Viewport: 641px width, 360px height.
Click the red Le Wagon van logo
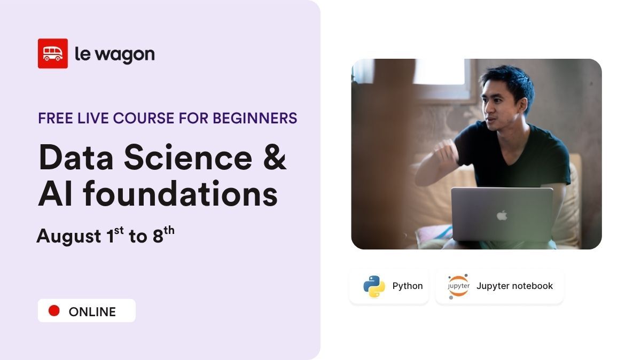pyautogui.click(x=52, y=53)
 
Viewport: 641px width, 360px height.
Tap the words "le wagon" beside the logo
pyautogui.click(x=114, y=54)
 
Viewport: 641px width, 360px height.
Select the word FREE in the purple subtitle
pyautogui.click(x=55, y=118)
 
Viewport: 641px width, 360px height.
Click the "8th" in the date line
pyautogui.click(x=163, y=234)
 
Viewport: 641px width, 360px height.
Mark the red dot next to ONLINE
pyautogui.click(x=54, y=310)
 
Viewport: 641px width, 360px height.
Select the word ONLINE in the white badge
pyautogui.click(x=92, y=311)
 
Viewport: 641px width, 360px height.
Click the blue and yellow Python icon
pyautogui.click(x=374, y=286)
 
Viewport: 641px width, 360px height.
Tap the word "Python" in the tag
pyautogui.click(x=407, y=286)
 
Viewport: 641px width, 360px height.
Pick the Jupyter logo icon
pyautogui.click(x=458, y=286)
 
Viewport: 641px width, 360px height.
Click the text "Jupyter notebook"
pyautogui.click(x=514, y=286)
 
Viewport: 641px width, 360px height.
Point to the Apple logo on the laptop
pyautogui.click(x=502, y=215)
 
